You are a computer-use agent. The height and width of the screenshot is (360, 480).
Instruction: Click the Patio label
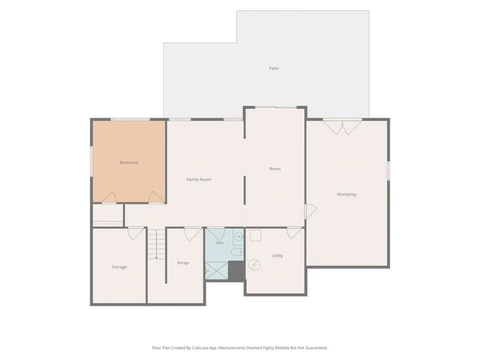pyautogui.click(x=274, y=68)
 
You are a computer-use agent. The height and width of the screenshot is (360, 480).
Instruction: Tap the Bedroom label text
pyautogui.click(x=129, y=163)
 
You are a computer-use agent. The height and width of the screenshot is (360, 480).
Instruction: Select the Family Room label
pyautogui.click(x=199, y=180)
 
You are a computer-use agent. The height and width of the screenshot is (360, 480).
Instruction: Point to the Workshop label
pyautogui.click(x=346, y=195)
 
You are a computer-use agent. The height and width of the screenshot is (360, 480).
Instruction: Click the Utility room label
pyautogui.click(x=277, y=255)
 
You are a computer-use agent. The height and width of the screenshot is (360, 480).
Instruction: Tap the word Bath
pyautogui.click(x=220, y=243)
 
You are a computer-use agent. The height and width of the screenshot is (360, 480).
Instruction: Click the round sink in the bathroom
pyautogui.click(x=239, y=237)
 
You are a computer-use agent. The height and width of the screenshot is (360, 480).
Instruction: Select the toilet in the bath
pyautogui.click(x=237, y=252)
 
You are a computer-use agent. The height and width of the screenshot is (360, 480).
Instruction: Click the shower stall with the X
pyautogui.click(x=217, y=270)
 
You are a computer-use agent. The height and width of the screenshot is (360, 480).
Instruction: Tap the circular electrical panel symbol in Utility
pyautogui.click(x=254, y=265)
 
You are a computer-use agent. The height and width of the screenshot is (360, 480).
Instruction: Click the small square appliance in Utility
pyautogui.click(x=255, y=235)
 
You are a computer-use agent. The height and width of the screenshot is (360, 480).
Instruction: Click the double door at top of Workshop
pyautogui.click(x=342, y=127)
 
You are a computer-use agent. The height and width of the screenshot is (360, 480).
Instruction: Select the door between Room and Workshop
pyautogui.click(x=311, y=211)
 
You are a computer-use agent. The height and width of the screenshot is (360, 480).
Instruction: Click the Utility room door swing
pyautogui.click(x=294, y=233)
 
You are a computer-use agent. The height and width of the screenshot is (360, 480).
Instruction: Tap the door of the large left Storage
pyautogui.click(x=135, y=233)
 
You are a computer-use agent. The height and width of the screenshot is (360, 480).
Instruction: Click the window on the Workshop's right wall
pyautogui.click(x=389, y=171)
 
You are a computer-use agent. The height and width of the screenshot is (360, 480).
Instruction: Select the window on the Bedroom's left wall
pyautogui.click(x=91, y=161)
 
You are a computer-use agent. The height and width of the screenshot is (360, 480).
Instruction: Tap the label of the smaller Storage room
pyautogui.click(x=183, y=262)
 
